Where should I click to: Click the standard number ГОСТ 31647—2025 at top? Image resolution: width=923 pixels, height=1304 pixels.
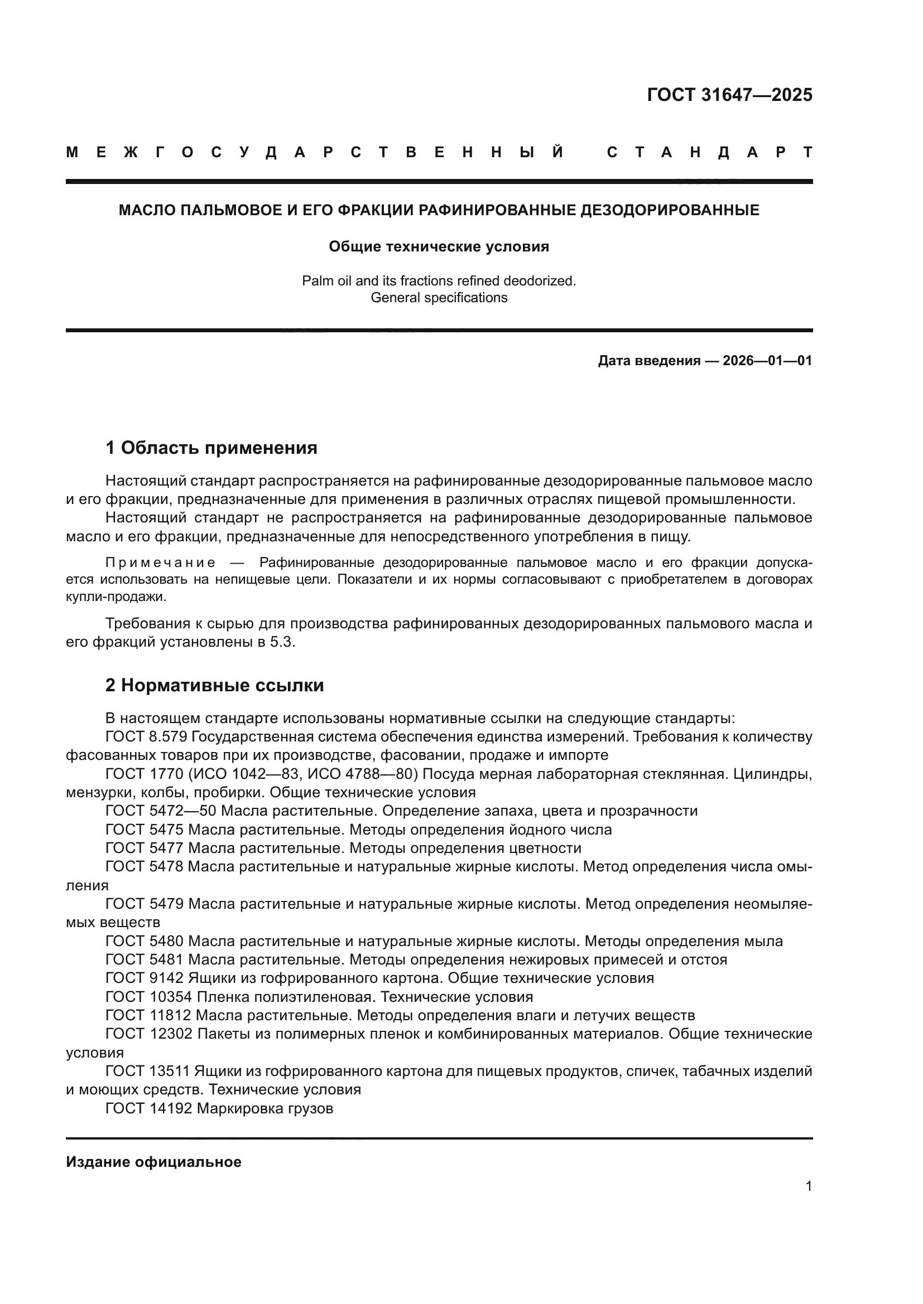tap(729, 95)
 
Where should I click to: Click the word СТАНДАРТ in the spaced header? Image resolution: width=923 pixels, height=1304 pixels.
tap(709, 152)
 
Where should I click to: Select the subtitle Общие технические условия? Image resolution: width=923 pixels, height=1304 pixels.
tap(439, 246)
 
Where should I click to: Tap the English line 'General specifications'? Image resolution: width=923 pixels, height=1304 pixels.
tap(439, 298)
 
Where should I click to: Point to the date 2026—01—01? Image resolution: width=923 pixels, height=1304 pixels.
tap(767, 361)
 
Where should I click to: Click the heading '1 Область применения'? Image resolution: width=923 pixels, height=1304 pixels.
tap(211, 448)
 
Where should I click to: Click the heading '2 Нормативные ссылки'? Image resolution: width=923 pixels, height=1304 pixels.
tap(214, 686)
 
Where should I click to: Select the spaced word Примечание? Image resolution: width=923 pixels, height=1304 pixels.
tap(160, 563)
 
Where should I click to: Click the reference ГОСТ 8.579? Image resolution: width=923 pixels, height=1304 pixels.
tap(146, 736)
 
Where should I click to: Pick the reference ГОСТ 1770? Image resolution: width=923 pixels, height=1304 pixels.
tap(145, 774)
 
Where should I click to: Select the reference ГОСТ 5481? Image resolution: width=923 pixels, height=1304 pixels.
tap(145, 960)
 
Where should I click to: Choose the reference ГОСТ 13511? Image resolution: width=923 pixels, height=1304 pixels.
tap(147, 1071)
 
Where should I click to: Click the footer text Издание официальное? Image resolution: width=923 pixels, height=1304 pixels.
tap(153, 1162)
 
